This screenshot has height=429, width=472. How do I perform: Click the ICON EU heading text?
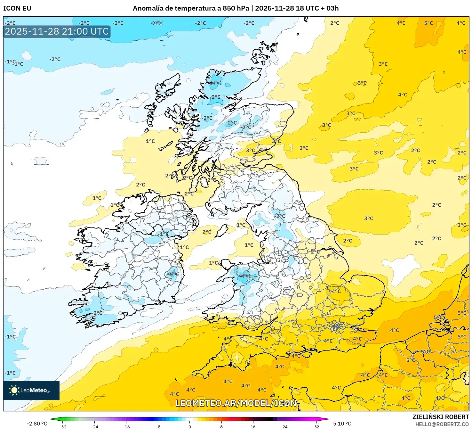coord(17,8)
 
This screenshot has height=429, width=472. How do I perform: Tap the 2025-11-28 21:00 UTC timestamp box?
coord(57,31)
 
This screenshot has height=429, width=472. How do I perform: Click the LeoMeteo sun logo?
coord(14,390)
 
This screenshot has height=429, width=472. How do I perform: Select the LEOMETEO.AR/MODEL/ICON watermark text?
coord(236,403)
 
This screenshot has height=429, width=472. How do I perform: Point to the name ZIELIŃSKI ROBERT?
coord(440,417)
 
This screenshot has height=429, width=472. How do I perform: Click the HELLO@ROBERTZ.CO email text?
coord(442,424)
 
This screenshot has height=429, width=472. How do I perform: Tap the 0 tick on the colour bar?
coord(190,426)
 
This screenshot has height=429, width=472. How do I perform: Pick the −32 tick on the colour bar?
coord(63,426)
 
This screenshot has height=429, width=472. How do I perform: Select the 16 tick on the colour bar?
coord(253,426)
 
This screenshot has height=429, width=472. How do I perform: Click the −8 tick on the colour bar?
coord(158,426)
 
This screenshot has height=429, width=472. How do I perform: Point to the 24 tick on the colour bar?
coord(285,426)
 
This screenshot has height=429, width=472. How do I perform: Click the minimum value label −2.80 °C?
coord(37,424)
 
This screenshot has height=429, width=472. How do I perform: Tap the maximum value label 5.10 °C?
coord(342,424)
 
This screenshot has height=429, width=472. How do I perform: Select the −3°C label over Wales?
coord(245,276)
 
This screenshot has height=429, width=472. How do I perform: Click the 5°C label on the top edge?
coord(428,23)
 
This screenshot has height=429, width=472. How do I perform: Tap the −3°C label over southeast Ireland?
coord(173,274)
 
